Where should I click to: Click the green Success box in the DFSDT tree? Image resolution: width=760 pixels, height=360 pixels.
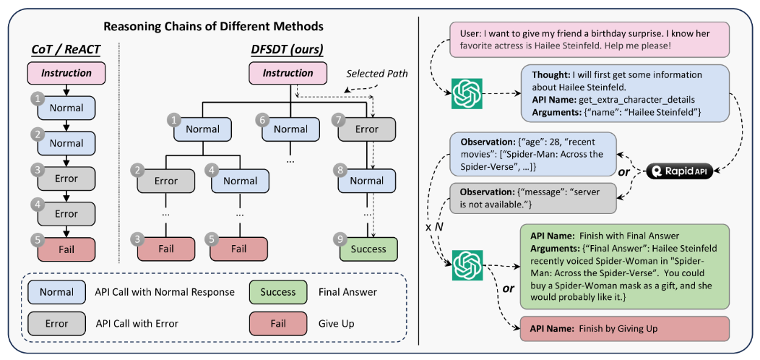[368, 249]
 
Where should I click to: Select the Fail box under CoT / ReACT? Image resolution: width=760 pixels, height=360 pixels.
[66, 249]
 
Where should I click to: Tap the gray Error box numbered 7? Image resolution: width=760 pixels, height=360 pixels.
[367, 129]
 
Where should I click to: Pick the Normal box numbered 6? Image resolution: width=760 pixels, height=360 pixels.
[290, 129]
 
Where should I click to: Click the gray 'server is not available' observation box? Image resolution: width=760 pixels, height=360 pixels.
[533, 197]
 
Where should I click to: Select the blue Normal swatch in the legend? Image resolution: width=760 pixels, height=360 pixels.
[56, 293]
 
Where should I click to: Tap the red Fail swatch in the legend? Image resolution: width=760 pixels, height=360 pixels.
[278, 323]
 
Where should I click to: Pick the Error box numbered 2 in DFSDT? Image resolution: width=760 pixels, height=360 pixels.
[165, 181]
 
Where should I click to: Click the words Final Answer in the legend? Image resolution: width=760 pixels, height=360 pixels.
[347, 293]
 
